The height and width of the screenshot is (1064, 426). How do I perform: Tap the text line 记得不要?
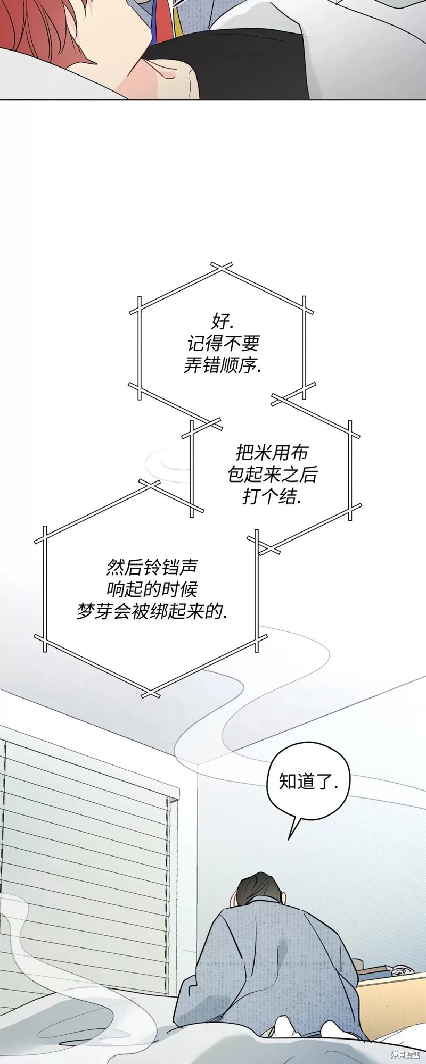coord(223,343)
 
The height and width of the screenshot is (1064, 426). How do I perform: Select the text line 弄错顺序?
coord(223,366)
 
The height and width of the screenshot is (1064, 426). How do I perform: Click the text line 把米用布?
coord(272,452)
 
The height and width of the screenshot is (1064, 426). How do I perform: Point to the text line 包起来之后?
coord(272,475)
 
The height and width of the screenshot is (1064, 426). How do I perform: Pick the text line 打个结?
coord(272,497)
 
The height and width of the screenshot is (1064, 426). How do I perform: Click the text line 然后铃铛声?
coord(152,567)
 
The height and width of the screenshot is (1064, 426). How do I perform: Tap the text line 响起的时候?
coord(152,589)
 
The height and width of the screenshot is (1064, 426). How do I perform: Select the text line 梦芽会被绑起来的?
coord(152,612)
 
